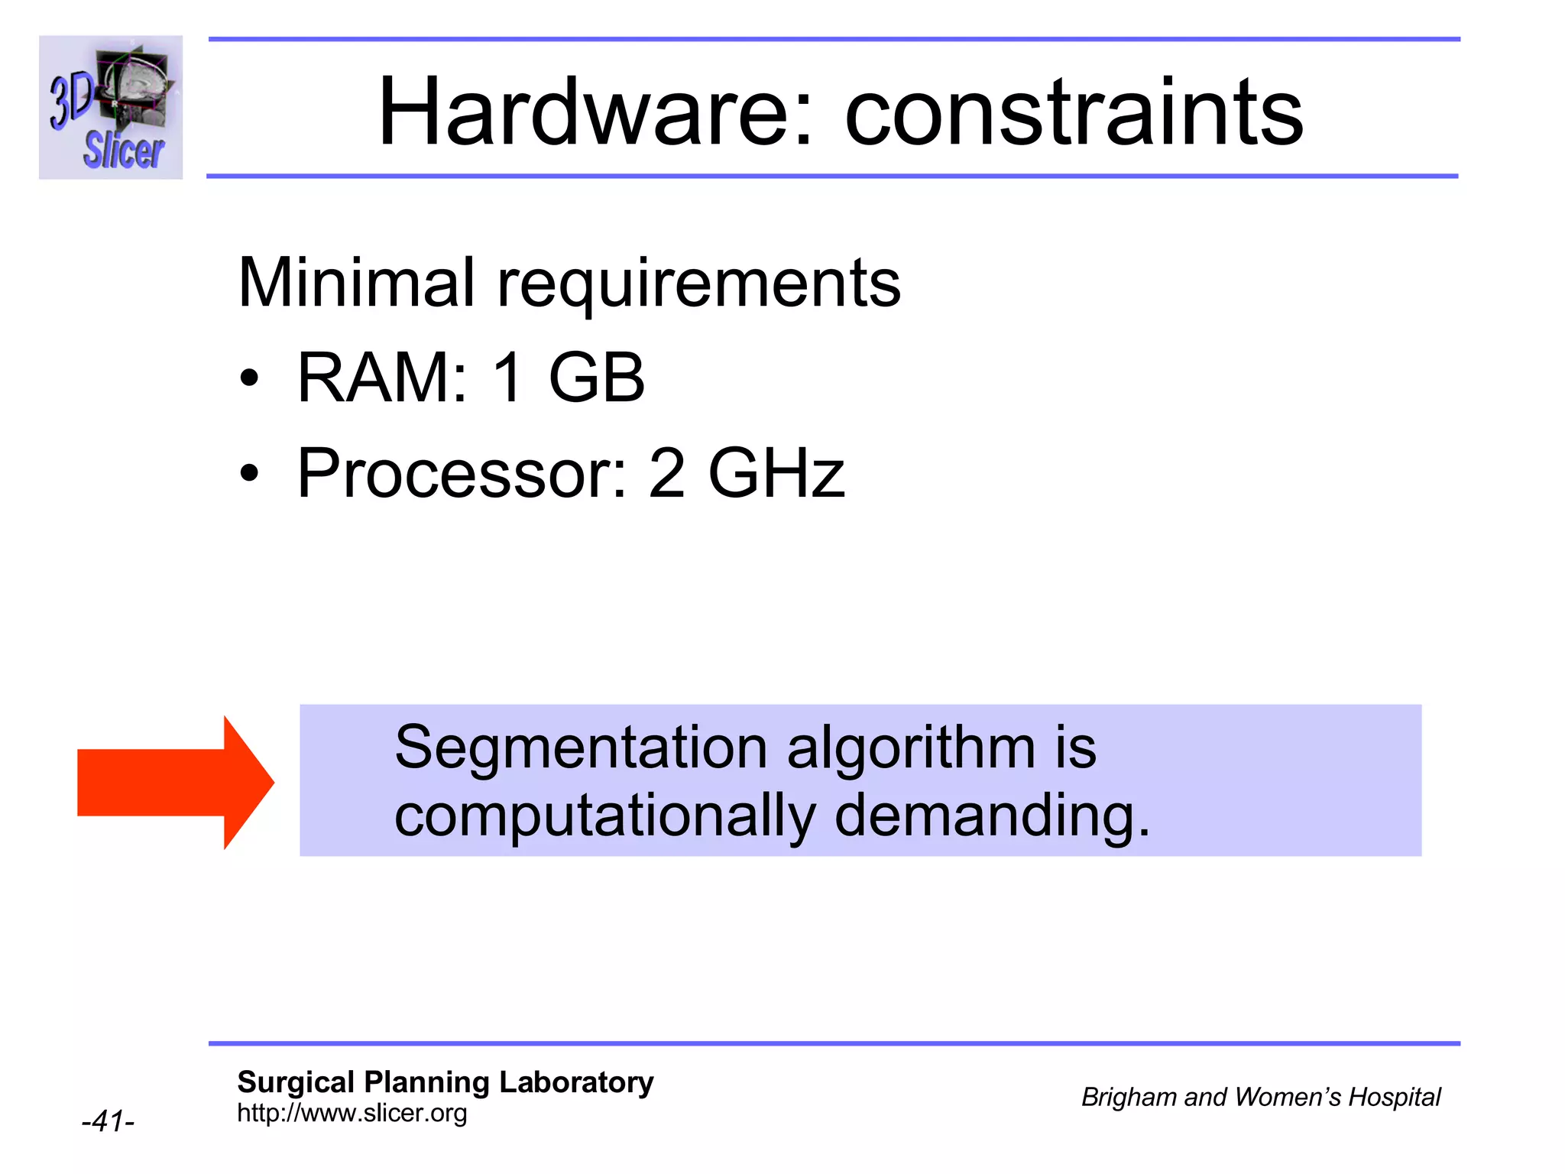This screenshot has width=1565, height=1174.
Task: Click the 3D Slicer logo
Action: coord(111,107)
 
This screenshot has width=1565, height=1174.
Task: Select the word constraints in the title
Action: coord(1074,113)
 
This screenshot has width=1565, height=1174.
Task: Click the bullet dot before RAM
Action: coord(249,378)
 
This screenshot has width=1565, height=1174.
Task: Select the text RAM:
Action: coord(382,378)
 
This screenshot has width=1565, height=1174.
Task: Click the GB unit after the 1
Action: coord(597,378)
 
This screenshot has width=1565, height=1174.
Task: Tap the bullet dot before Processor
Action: coord(249,473)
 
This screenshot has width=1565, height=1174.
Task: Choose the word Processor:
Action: coord(462,473)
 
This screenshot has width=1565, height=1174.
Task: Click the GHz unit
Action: coord(776,473)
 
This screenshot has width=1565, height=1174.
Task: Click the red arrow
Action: coord(175,783)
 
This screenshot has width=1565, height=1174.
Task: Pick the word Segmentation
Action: coord(581,748)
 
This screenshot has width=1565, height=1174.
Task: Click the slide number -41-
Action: coord(108,1121)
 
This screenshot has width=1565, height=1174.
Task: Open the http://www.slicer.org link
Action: coord(352,1113)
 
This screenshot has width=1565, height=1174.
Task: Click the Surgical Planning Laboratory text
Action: coord(446,1082)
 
